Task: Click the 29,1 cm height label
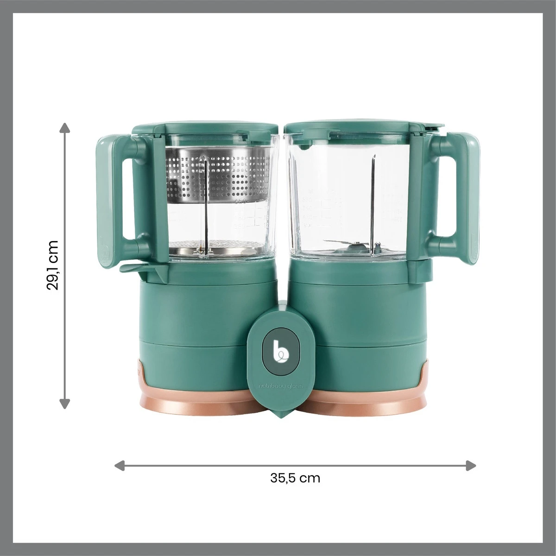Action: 53,265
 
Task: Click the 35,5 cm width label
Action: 295,478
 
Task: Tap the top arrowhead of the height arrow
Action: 65,128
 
